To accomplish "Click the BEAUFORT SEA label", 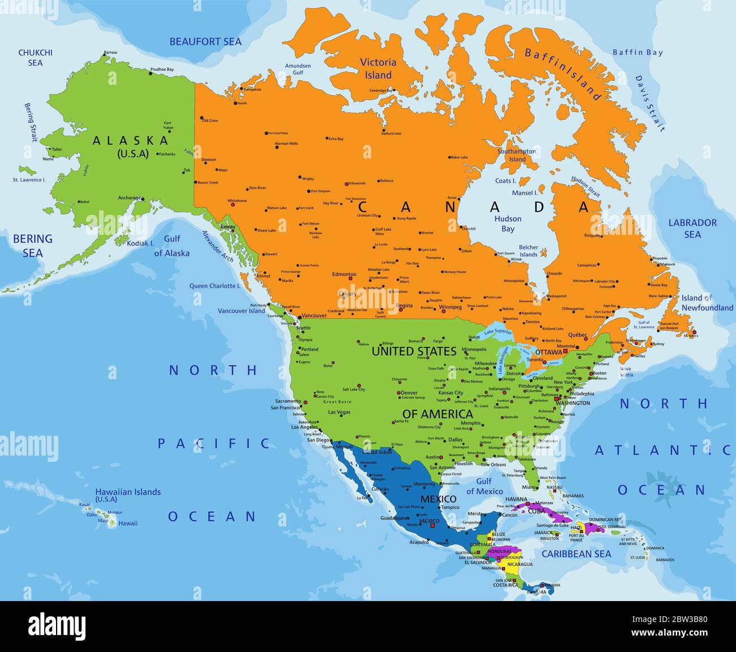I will [x=206, y=41].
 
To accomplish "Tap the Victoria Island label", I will [x=378, y=68].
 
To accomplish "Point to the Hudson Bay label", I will [x=508, y=224].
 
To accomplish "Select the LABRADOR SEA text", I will [x=692, y=228].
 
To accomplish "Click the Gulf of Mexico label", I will [x=484, y=486].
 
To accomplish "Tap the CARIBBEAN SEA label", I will [x=576, y=554].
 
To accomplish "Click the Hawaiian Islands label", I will [x=127, y=492].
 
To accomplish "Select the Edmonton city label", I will [x=344, y=274].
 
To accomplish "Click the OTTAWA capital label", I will [x=548, y=352].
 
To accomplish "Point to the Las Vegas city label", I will [x=339, y=412].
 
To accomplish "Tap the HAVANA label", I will [x=516, y=499].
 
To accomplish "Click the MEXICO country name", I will [x=438, y=499].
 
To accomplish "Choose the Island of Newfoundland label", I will [x=707, y=303].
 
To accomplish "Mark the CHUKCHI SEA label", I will [x=35, y=57].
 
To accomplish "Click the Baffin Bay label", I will [x=637, y=52].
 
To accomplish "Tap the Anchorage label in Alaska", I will [x=129, y=198].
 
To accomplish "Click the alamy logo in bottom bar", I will [x=57, y=627].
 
